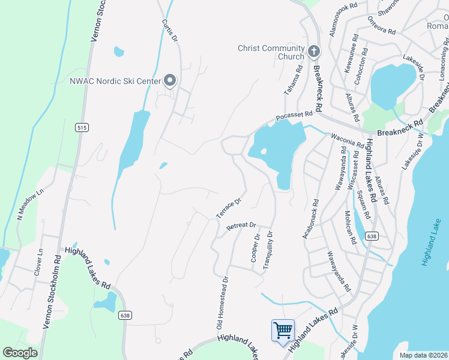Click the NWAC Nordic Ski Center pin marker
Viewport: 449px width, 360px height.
coord(170,80)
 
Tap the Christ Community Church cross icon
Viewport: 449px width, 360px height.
coord(313,52)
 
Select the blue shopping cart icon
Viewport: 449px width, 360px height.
coord(283,330)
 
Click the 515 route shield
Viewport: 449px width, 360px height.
coord(82,127)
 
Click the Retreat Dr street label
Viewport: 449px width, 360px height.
coord(241,227)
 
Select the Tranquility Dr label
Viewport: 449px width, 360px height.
coord(270,250)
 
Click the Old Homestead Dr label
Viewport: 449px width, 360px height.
coord(221,302)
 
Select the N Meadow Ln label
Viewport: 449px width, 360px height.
coord(31,205)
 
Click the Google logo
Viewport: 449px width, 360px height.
coord(20,353)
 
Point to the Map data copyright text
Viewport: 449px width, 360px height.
coord(423,355)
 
